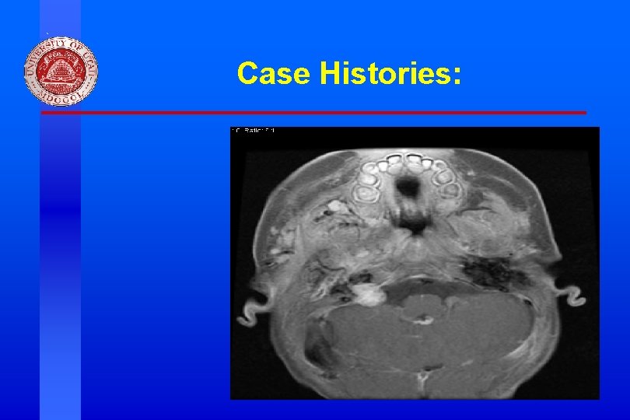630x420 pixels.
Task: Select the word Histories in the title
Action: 382,73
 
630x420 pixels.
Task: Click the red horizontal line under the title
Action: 311,113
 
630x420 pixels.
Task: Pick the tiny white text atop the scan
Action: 254,131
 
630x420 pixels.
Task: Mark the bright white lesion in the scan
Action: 367,293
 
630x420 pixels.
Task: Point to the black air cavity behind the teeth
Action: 407,187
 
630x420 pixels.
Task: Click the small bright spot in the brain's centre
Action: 424,318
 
